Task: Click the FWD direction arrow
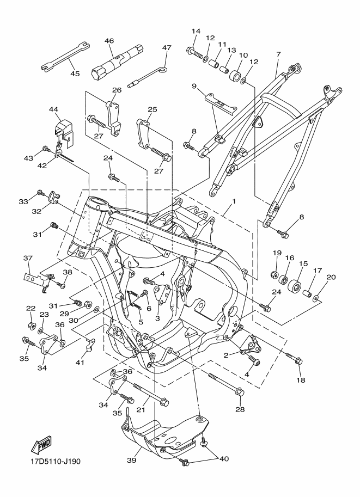pos(41,444)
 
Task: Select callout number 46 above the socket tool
pos(109,41)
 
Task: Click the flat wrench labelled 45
pos(65,56)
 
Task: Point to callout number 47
pos(167,48)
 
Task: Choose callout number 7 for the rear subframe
pos(278,54)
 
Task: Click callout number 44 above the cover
pos(53,109)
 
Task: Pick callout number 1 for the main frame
pos(234,201)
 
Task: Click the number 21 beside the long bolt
pos(141,410)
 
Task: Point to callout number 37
pos(28,259)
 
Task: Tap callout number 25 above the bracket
pos(152,109)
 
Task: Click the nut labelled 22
pos(32,325)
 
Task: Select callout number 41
pos(80,361)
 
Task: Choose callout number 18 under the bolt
pos(301,380)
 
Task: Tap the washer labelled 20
pos(316,298)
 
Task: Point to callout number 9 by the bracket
pos(194,86)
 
